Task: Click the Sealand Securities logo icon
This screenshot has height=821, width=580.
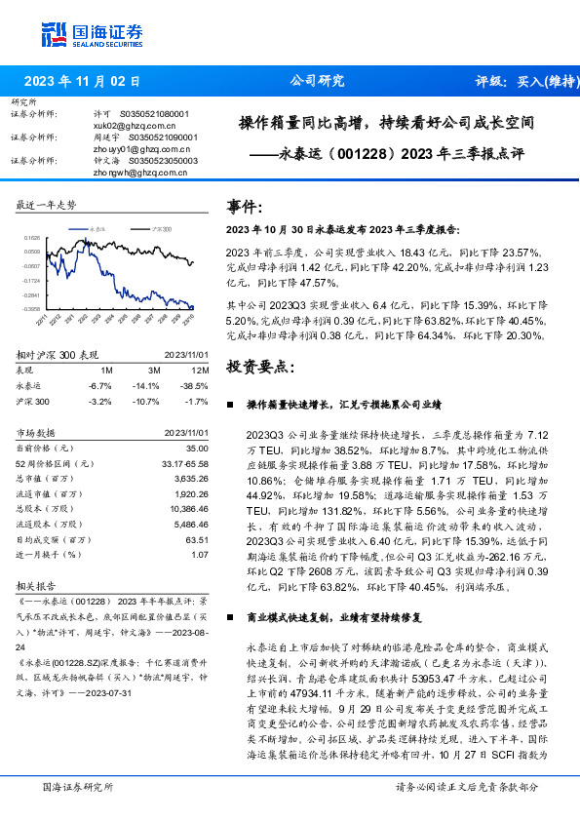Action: pos(53,33)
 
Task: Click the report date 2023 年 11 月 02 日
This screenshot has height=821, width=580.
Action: pos(82,81)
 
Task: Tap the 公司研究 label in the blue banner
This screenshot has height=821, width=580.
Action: pos(317,81)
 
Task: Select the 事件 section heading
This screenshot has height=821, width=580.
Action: pos(245,208)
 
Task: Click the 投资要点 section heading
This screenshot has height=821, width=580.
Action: pos(258,366)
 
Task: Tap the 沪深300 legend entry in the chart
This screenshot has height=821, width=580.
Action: pos(161,227)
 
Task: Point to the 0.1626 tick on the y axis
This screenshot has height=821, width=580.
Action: pos(33,237)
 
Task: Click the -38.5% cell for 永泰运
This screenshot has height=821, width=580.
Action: pos(196,385)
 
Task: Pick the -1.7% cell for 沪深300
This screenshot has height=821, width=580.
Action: pos(198,401)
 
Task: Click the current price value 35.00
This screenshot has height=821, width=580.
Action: pos(198,447)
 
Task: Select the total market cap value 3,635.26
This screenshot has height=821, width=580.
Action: pos(191,478)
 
